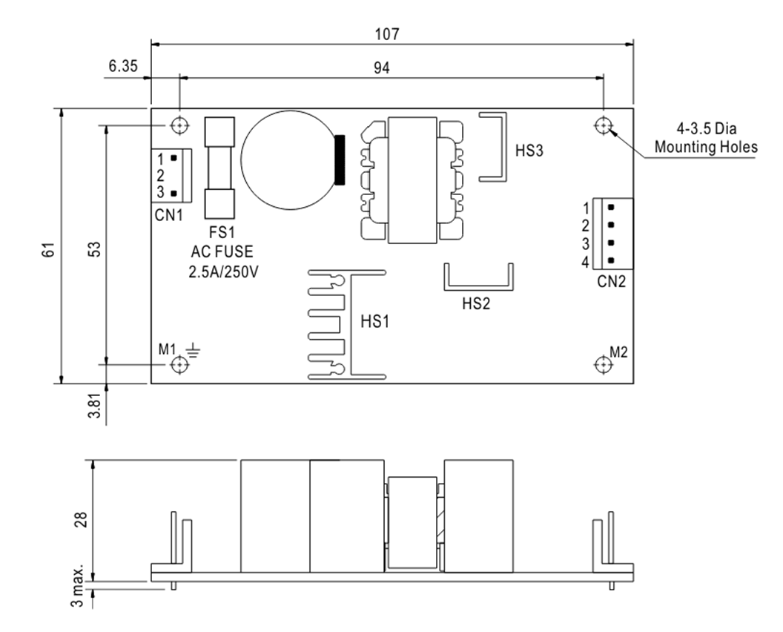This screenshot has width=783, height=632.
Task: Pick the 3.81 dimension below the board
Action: tap(93, 405)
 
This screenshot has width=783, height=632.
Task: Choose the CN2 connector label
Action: tap(612, 281)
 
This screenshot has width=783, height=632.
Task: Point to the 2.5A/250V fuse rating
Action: tap(222, 272)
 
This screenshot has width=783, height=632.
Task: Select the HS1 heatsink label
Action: tap(374, 323)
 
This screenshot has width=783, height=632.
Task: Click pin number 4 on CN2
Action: tap(585, 262)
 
